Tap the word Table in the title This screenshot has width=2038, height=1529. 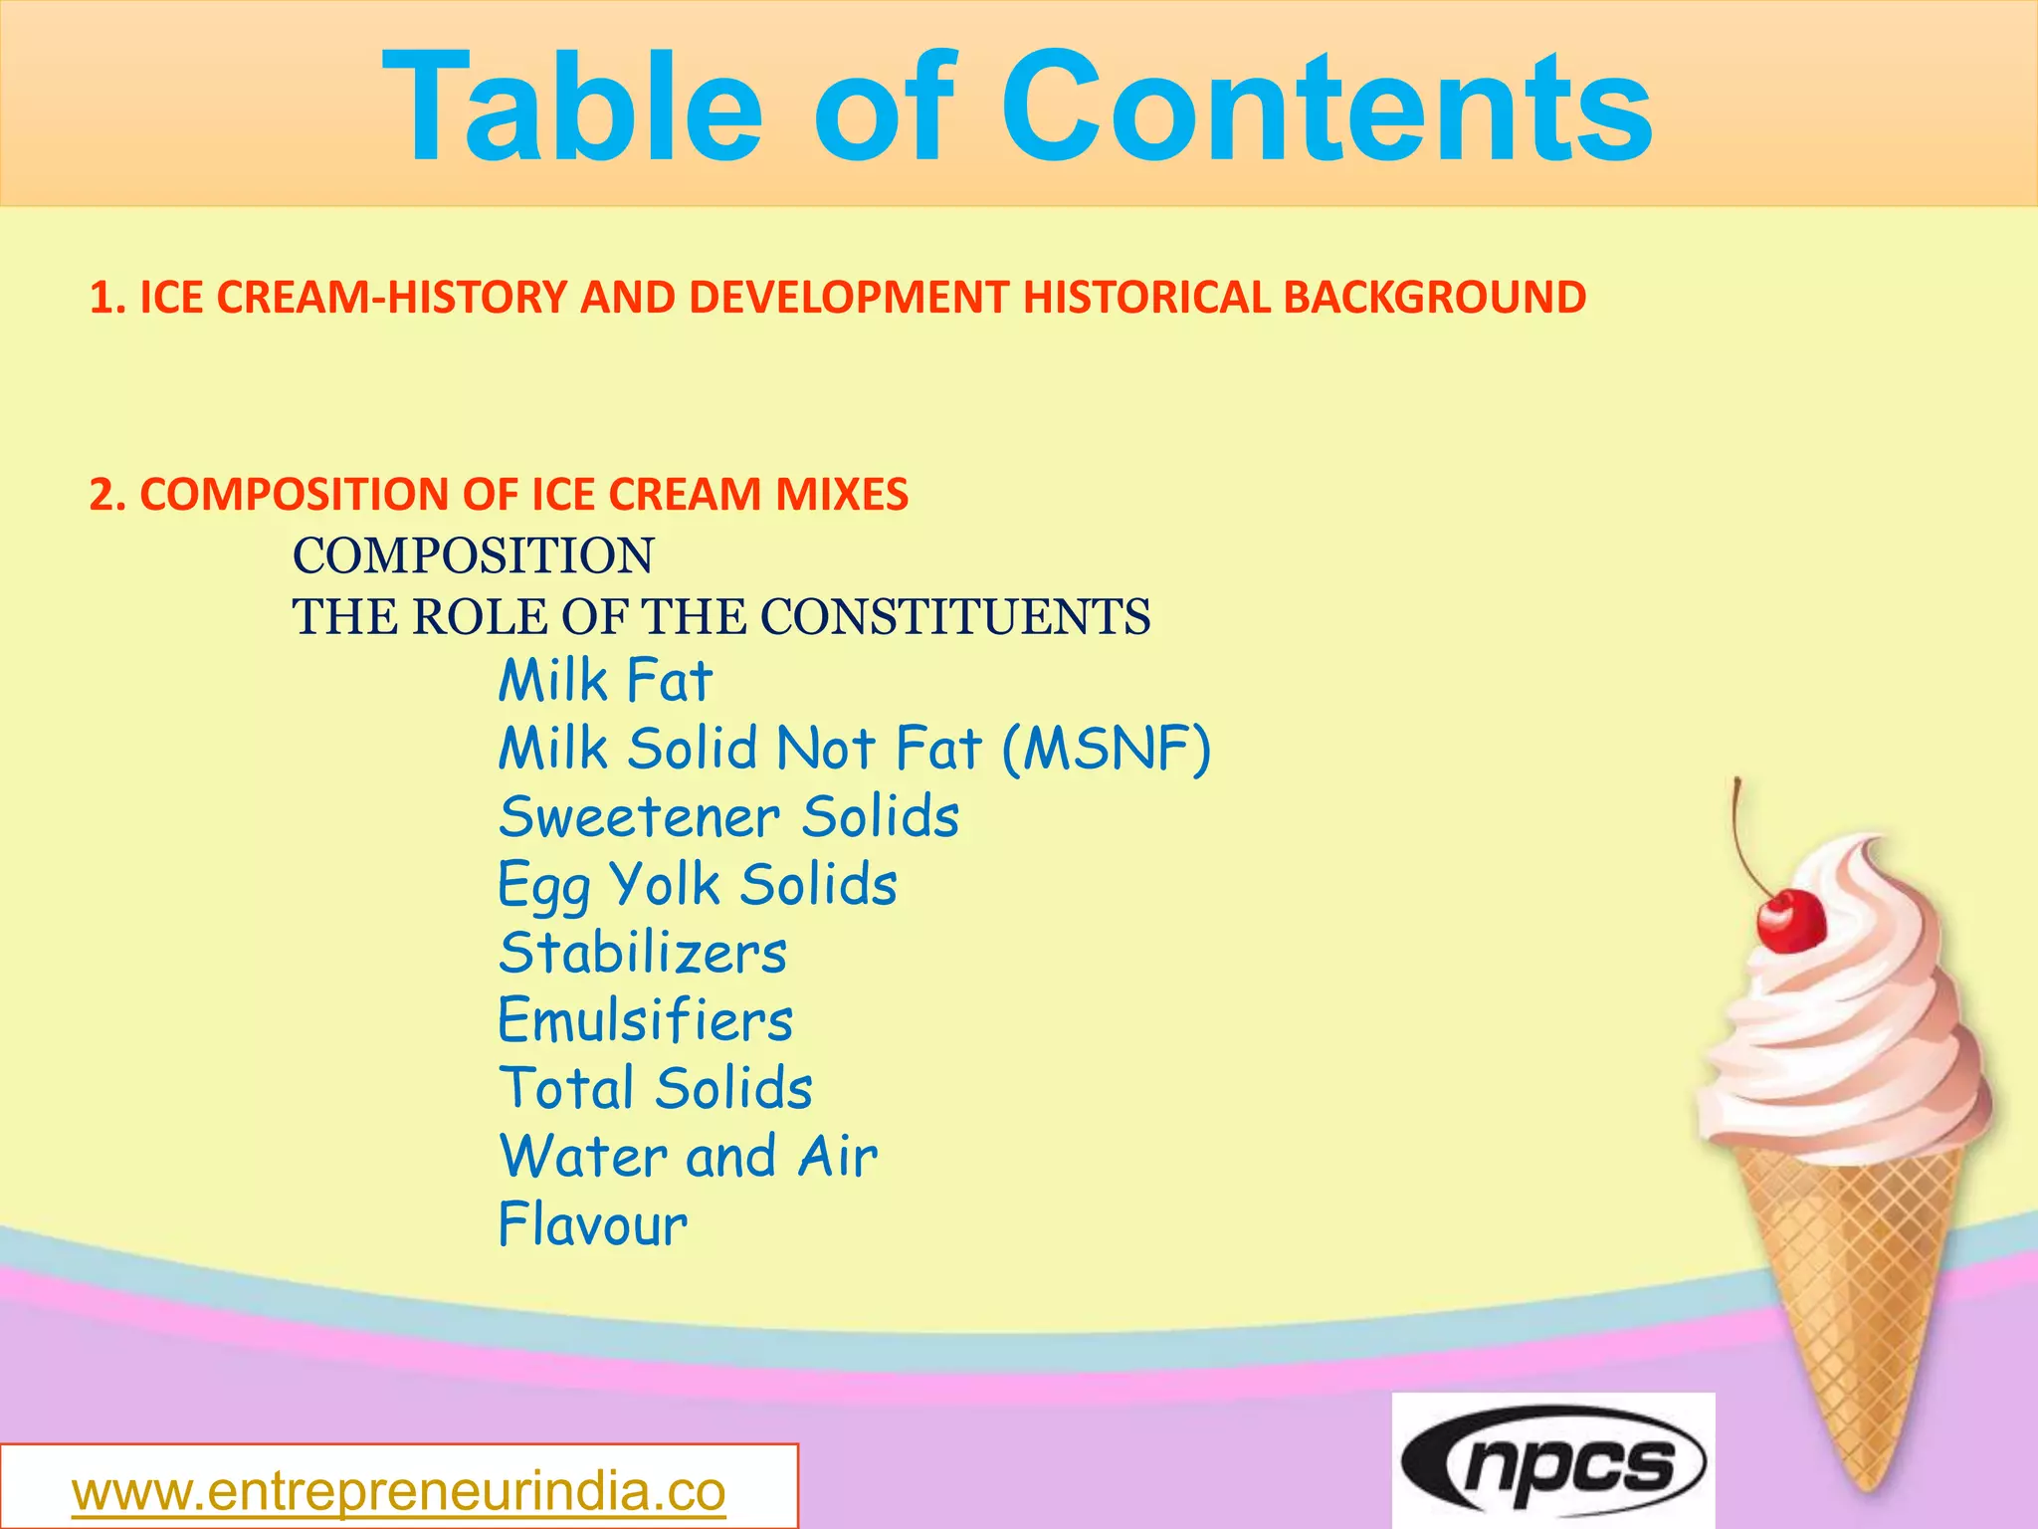pyautogui.click(x=572, y=108)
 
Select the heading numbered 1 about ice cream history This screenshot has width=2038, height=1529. pyautogui.click(x=836, y=298)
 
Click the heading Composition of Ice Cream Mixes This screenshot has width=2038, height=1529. pyautogui.click(x=499, y=495)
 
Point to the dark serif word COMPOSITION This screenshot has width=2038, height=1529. pyautogui.click(x=473, y=555)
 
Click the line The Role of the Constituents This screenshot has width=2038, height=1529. pyautogui.click(x=720, y=617)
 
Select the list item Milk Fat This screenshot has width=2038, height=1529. pyautogui.click(x=605, y=682)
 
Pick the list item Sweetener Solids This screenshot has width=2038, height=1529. pyautogui.click(x=728, y=817)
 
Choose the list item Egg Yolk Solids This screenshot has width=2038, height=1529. pyautogui.click(x=697, y=885)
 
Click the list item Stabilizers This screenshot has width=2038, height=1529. pyautogui.click(x=643, y=953)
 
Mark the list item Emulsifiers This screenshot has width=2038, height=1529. pyautogui.click(x=645, y=1020)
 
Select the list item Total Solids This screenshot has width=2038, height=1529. pyautogui.click(x=655, y=1088)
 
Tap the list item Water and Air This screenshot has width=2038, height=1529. pyautogui.click(x=688, y=1157)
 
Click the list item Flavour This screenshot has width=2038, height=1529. pyautogui.click(x=592, y=1224)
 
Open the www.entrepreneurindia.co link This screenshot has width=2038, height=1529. pyautogui.click(x=398, y=1491)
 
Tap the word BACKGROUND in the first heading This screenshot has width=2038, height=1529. pyautogui.click(x=1434, y=298)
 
